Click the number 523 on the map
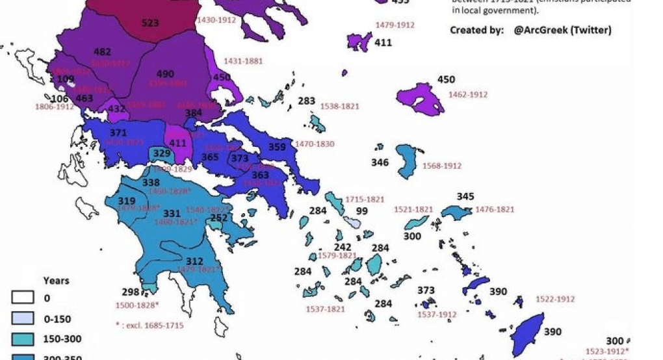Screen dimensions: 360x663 click(x=150, y=23)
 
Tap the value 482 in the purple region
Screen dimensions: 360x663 click(x=102, y=52)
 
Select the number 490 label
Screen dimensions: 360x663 click(x=165, y=74)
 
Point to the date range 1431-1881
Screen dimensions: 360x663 click(x=243, y=61)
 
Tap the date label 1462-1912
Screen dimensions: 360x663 click(x=468, y=95)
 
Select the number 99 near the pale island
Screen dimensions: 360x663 click(x=362, y=211)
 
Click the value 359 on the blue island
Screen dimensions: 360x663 click(x=277, y=147)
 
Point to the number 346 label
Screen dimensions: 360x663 click(x=380, y=162)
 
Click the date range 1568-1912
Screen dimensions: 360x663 click(x=442, y=166)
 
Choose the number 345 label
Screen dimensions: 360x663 click(x=465, y=196)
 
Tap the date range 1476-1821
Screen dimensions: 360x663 click(x=495, y=209)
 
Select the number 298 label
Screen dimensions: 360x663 click(x=131, y=292)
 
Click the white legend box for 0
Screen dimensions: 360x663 click(x=23, y=298)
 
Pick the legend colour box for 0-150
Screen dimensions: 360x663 click(x=23, y=319)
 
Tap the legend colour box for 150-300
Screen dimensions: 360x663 click(x=23, y=339)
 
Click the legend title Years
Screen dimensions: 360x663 click(x=56, y=281)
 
